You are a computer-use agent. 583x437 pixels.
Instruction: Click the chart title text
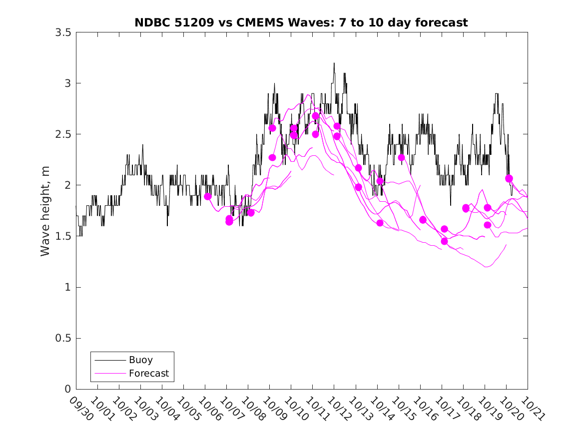pos(301,23)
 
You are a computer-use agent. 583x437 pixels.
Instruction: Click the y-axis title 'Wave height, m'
pos(45,211)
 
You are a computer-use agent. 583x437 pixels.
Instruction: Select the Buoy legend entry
pos(140,360)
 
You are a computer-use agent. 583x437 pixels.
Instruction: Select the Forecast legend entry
pos(148,373)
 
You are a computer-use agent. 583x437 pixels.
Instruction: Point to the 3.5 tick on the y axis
pos(63,32)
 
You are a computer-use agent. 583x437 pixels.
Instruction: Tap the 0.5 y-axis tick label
pos(63,339)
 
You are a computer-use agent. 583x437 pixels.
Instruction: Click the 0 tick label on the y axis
pos(67,390)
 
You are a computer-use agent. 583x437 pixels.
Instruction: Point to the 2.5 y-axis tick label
pos(63,134)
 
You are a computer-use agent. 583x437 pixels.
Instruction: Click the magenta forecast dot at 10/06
pos(208,196)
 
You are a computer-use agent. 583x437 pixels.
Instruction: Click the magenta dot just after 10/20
pos(509,178)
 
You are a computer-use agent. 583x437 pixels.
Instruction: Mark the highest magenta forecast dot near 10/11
pos(315,116)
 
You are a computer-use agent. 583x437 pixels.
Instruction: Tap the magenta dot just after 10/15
pos(401,157)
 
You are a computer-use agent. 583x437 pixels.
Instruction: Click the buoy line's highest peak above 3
pos(334,63)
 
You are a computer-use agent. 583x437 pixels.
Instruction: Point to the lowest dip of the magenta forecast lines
pos(486,267)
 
